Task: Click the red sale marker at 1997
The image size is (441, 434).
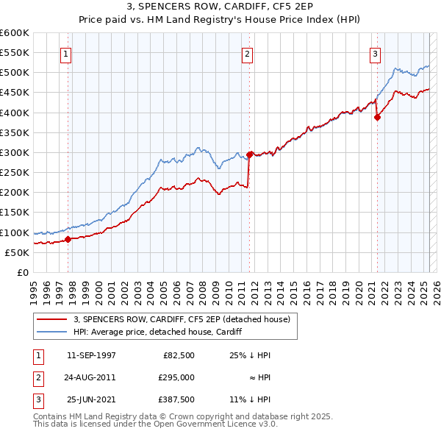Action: click(68, 239)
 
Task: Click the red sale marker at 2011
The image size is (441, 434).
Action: click(250, 154)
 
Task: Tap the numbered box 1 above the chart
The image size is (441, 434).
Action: click(66, 53)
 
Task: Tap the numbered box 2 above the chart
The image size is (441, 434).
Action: click(248, 53)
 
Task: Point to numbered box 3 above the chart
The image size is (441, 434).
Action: click(375, 53)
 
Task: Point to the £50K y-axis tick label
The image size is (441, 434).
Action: click(17, 252)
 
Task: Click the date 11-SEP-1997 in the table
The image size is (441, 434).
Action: click(91, 355)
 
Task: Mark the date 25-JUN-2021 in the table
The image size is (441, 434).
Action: click(91, 399)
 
